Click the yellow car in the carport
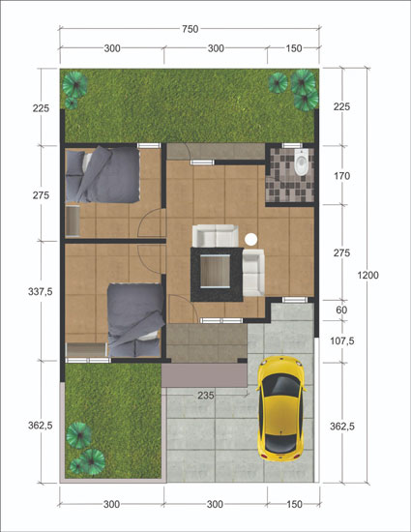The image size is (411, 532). click(281, 408)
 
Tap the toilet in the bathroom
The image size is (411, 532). click(301, 163)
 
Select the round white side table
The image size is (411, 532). click(250, 239)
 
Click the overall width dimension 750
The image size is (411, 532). click(190, 29)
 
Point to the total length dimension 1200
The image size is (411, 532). click(367, 275)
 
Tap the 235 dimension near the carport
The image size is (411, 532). click(206, 396)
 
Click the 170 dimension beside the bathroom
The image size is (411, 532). click(341, 176)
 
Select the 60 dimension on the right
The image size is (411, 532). click(341, 310)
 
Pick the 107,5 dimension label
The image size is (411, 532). click(341, 340)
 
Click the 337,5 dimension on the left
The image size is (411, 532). click(41, 291)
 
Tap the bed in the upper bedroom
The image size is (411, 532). click(103, 174)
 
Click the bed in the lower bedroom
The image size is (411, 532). click(135, 320)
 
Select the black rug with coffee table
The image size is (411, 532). click(217, 275)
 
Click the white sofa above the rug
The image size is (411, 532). click(216, 235)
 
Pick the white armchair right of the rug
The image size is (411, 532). click(253, 273)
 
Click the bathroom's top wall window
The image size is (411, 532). click(292, 146)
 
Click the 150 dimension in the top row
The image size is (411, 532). click(294, 48)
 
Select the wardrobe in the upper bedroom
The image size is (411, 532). click(73, 221)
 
